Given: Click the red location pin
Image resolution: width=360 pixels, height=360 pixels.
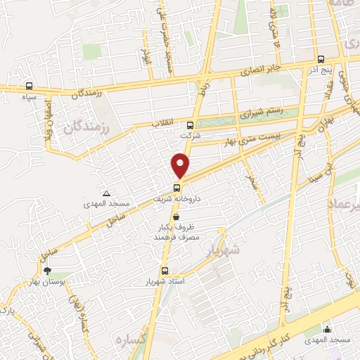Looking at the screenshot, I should [x=181, y=165].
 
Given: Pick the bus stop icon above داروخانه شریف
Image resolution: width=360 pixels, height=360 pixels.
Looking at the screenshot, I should [x=177, y=187].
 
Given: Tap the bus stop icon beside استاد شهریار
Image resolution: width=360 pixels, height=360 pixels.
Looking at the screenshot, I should [x=165, y=271].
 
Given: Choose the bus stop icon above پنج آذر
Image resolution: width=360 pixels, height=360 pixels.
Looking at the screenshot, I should [x=321, y=60].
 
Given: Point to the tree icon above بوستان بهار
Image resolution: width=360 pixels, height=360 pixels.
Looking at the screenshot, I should [x=47, y=271].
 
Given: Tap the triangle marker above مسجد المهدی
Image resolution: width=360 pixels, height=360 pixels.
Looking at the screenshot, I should [x=106, y=193].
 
